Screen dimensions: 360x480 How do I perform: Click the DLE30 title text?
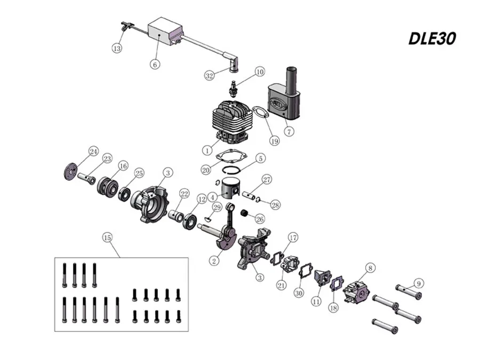pos(432,39)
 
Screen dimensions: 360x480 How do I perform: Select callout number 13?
pos(117,49)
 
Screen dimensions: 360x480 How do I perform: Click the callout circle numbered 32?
pos(210,76)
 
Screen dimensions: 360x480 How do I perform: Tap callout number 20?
pos(206,169)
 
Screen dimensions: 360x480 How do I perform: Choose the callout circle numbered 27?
pos(267,180)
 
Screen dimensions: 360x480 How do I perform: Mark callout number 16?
pos(123,166)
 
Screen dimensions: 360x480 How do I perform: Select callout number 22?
pos(184,194)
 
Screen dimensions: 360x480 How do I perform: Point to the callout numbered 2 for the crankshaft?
pos(214,261)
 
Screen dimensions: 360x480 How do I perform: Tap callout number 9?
pos(419,283)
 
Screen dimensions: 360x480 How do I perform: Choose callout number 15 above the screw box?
pos(108,237)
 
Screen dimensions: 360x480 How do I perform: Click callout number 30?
pos(299,293)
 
